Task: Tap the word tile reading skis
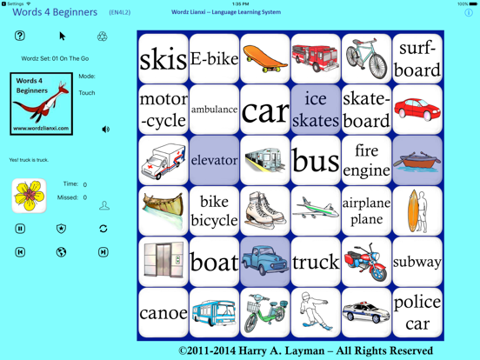163,59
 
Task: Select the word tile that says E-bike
214,59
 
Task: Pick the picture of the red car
417,110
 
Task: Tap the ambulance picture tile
163,160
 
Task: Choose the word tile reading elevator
214,160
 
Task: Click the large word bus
316,160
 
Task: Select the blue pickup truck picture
265,262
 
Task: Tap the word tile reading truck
316,262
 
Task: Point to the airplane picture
316,210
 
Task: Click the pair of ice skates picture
265,210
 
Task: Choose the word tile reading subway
417,262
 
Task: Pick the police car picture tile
366,312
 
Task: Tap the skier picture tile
316,312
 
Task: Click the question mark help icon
20,36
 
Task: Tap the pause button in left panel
20,229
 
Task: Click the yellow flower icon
29,196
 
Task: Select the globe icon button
61,252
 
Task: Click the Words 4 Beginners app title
55,12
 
